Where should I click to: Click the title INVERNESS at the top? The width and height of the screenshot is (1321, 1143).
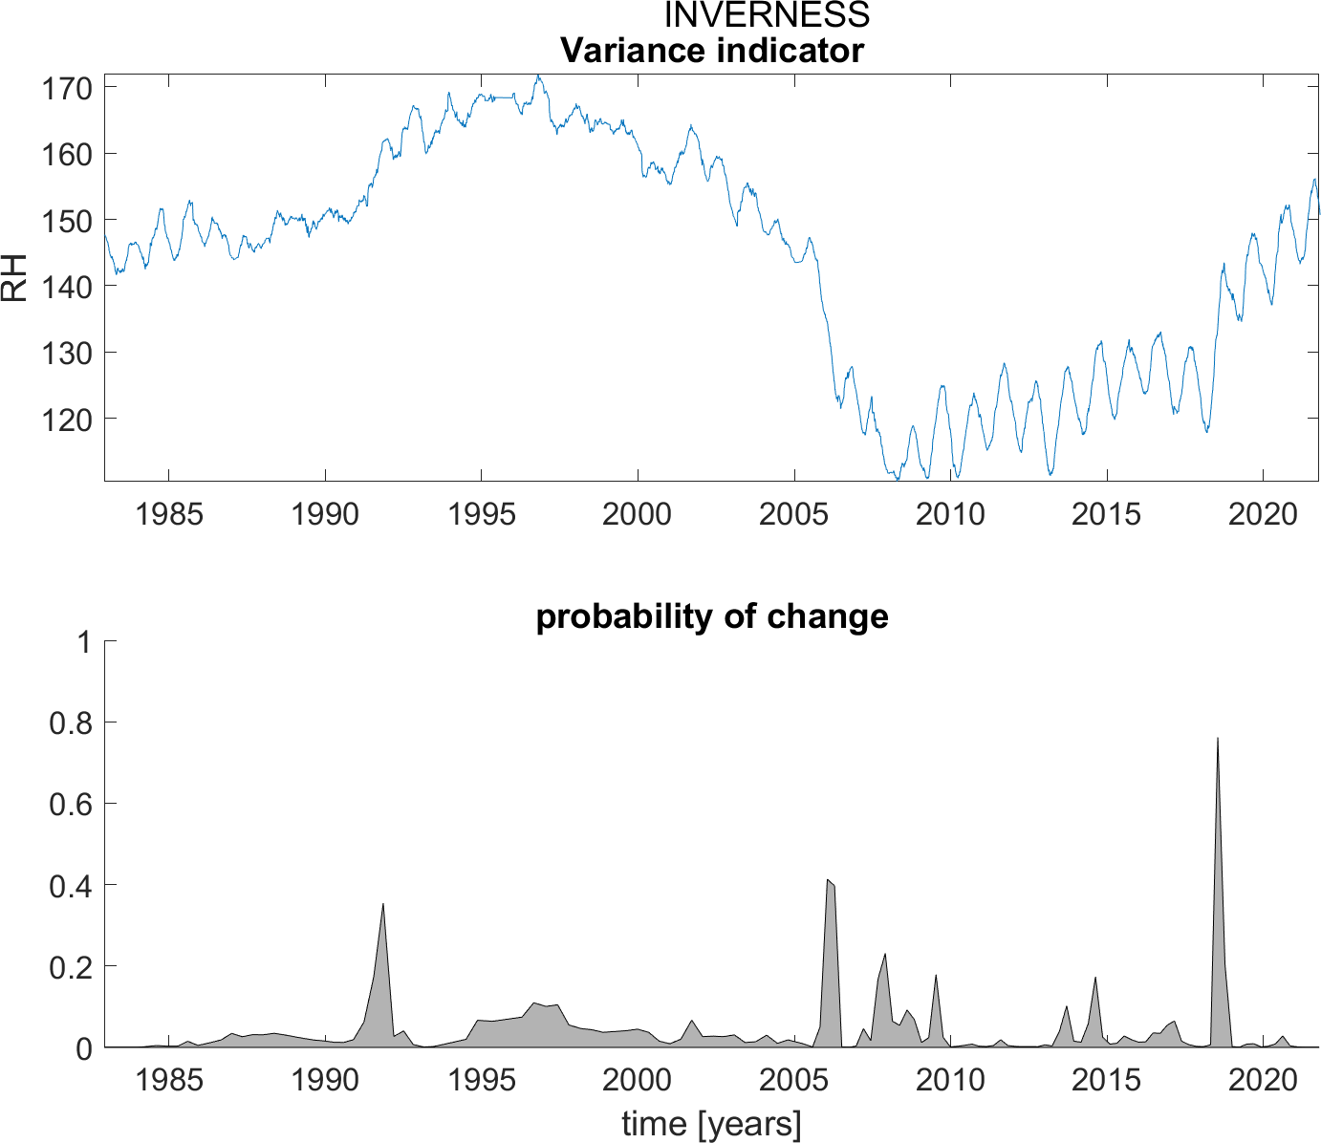pos(767,15)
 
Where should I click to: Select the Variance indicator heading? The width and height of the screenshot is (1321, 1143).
pos(712,50)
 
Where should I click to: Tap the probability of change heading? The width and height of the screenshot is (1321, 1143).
pos(712,616)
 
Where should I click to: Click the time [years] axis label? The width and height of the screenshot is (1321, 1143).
pos(712,1124)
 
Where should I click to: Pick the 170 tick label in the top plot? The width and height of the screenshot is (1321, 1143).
pos(67,89)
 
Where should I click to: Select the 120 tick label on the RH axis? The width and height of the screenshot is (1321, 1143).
pos(67,419)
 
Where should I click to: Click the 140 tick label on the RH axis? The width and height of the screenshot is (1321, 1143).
pos(67,287)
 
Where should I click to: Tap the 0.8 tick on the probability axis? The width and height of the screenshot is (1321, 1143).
pos(70,723)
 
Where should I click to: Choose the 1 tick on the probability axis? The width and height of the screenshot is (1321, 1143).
pos(84,642)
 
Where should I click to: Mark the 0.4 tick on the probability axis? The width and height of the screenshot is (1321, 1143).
pos(70,886)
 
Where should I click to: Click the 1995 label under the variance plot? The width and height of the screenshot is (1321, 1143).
pos(482,514)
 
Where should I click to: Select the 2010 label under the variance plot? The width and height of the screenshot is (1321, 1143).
pos(950,514)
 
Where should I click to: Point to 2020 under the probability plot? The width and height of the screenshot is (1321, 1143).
pos(1263,1081)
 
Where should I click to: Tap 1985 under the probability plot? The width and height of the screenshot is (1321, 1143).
pos(169,1081)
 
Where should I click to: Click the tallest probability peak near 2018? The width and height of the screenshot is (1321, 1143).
pos(1217,739)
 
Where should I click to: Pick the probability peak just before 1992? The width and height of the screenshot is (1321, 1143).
pos(382,904)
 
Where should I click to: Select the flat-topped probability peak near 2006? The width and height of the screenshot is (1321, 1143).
pos(831,881)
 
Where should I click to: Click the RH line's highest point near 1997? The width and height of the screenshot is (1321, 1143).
pos(538,76)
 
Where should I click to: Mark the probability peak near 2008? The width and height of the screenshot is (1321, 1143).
pos(885,955)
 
